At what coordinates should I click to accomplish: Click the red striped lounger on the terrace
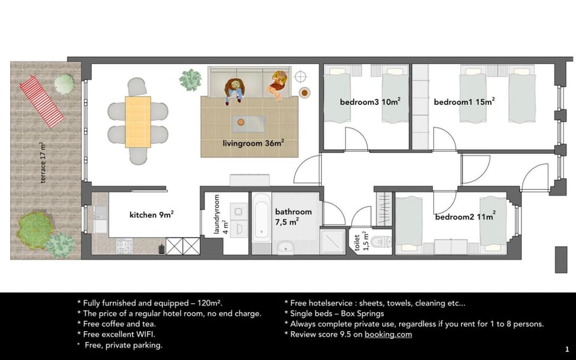tap(41, 101)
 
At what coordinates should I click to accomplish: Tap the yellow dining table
tap(138, 122)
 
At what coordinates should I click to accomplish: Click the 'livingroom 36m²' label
tap(253, 143)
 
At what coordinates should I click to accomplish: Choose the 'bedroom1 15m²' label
tap(464, 102)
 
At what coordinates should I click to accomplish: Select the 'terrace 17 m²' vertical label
tap(43, 164)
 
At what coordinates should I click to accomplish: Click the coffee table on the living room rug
tap(249, 123)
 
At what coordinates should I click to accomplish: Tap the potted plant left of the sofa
tap(191, 79)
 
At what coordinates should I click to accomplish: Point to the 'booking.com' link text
tap(388, 334)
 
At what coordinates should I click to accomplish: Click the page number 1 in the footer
tap(566, 349)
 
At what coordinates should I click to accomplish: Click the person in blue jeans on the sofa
tap(234, 89)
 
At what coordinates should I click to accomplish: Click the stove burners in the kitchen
tap(124, 246)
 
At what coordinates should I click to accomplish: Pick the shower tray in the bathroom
tap(334, 242)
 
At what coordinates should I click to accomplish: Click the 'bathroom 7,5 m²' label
tap(293, 217)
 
